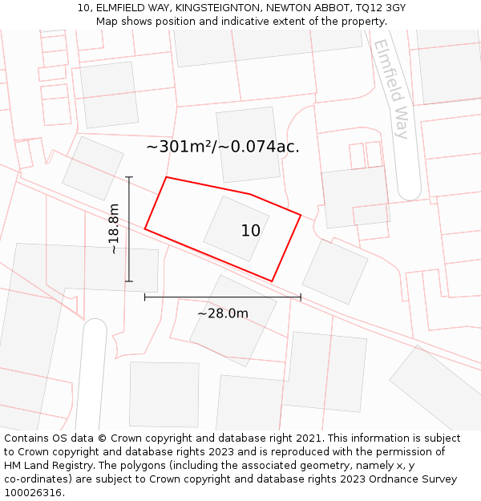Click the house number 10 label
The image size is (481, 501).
click(250, 231)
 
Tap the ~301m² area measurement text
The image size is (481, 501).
click(180, 147)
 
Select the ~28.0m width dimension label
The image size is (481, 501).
click(223, 313)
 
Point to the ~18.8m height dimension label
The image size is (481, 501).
click(114, 228)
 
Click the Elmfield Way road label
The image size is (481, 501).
click(391, 88)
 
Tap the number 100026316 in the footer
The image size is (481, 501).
click(33, 493)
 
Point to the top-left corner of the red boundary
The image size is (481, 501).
click(166, 177)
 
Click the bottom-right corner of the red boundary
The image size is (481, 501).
click(273, 281)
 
